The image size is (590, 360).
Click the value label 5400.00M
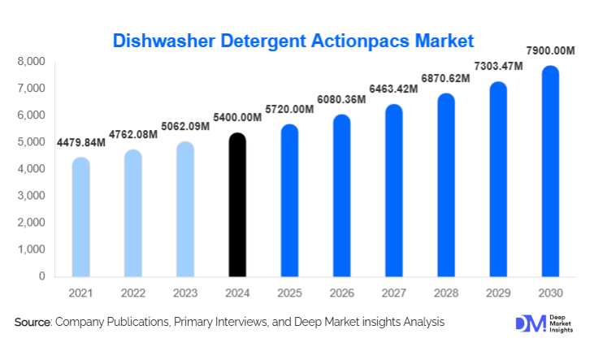point(237,118)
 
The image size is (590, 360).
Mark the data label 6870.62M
point(445,79)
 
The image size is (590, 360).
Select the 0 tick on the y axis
point(41,276)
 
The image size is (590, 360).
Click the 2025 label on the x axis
point(289,292)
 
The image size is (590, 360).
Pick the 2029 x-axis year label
point(498,292)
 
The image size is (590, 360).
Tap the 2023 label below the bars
point(185,292)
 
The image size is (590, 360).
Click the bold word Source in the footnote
point(33,323)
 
